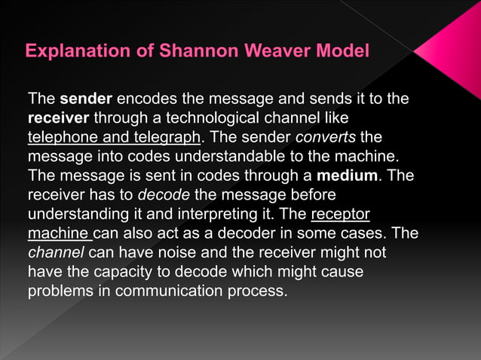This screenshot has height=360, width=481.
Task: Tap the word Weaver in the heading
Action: [x=274, y=52]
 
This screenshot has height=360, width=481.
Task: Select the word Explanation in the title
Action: [x=76, y=52]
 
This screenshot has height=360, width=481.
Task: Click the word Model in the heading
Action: [x=344, y=52]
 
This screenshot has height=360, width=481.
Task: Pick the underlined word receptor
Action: [x=341, y=215]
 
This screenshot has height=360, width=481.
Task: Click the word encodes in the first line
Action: [x=151, y=99]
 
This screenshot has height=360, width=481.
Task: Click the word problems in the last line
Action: [x=60, y=292]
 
